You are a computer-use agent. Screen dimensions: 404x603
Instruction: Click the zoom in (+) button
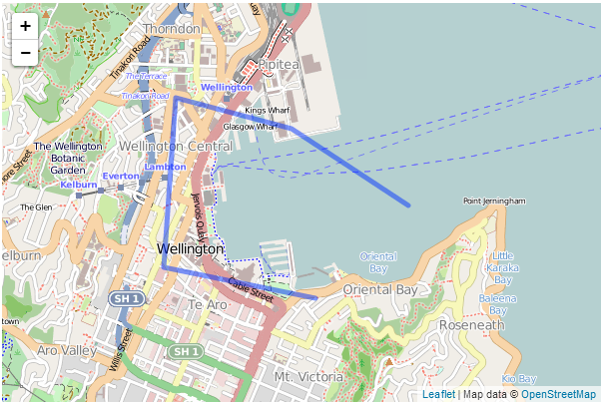pyautogui.click(x=25, y=27)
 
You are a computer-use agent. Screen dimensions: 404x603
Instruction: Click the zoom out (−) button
pyautogui.click(x=25, y=53)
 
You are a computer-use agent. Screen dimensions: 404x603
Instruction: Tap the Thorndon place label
pyautogui.click(x=171, y=29)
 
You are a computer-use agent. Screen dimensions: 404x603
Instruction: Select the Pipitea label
pyautogui.click(x=279, y=64)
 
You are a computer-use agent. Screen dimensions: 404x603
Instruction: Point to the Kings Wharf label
pyautogui.click(x=267, y=110)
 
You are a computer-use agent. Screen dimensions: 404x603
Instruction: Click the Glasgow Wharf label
pyautogui.click(x=250, y=127)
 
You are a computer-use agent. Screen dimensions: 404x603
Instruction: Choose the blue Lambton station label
pyautogui.click(x=165, y=166)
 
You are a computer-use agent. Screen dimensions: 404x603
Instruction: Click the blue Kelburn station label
pyautogui.click(x=79, y=185)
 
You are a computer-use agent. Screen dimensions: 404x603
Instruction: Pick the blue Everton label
pyautogui.click(x=120, y=176)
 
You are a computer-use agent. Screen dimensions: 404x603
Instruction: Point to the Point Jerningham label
pyautogui.click(x=494, y=201)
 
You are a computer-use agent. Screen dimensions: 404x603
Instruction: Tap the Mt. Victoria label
pyautogui.click(x=308, y=377)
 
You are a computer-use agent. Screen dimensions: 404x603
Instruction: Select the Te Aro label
pyautogui.click(x=209, y=303)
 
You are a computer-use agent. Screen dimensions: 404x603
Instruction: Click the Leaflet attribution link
pyautogui.click(x=438, y=395)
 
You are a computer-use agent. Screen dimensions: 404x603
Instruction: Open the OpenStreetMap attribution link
pyautogui.click(x=558, y=395)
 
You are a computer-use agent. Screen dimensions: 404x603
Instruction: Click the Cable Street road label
pyautogui.click(x=250, y=290)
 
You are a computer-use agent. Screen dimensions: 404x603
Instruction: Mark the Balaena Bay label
pyautogui.click(x=497, y=303)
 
